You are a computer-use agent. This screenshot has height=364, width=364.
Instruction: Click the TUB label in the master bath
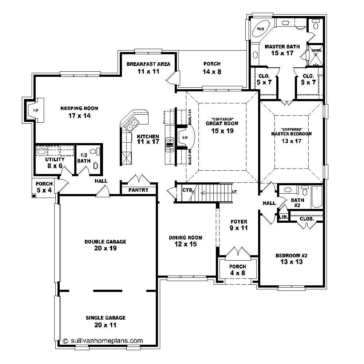[x=261, y=29]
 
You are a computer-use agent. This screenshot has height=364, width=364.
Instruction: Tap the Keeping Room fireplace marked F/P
[x=36, y=110]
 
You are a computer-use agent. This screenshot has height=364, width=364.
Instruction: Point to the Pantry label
[x=138, y=190]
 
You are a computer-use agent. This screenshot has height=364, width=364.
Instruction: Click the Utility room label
[x=55, y=159]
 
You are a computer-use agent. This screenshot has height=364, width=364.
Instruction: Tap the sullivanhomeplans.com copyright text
[x=103, y=341]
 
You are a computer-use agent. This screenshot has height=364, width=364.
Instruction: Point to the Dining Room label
[x=185, y=238]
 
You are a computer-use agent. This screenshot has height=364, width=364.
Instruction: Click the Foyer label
[x=239, y=221]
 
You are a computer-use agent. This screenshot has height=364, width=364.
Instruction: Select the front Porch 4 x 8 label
[x=237, y=267]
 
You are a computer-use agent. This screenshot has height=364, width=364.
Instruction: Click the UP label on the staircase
[x=234, y=191]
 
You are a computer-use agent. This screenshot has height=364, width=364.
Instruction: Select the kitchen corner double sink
[x=131, y=125]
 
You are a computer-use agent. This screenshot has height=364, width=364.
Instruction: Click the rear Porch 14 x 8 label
[x=212, y=64]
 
